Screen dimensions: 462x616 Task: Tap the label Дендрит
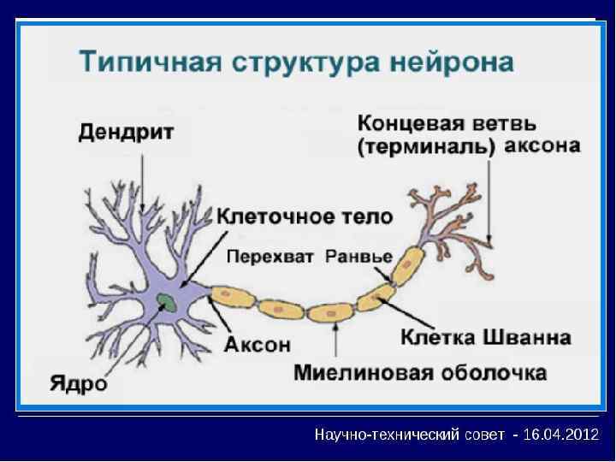127,133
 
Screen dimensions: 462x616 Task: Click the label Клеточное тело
305,216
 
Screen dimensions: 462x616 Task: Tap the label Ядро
78,382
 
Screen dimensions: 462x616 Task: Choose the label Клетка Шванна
485,337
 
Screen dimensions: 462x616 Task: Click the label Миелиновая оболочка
419,374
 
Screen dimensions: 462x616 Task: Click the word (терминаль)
426,146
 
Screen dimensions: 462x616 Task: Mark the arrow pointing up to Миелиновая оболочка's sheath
337,342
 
